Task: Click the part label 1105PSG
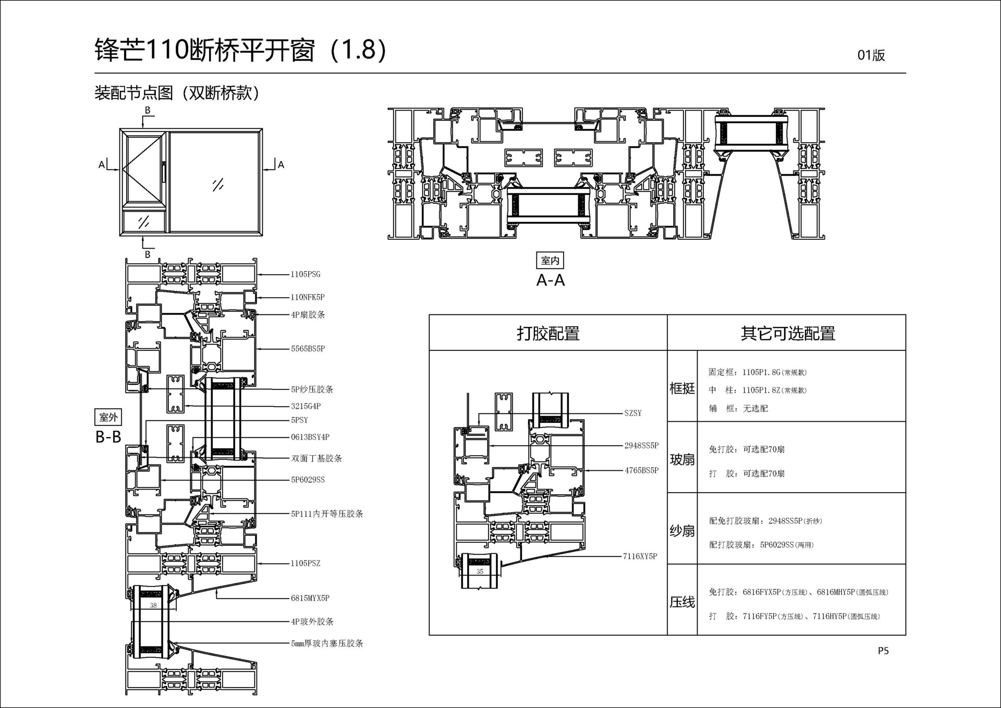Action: click(306, 274)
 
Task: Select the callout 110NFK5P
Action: click(308, 297)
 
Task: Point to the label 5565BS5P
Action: click(308, 349)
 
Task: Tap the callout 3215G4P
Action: click(306, 406)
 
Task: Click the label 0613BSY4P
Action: click(310, 437)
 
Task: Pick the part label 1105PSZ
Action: click(306, 564)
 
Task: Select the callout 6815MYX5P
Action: click(310, 599)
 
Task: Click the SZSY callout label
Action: click(633, 413)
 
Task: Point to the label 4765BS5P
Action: click(641, 470)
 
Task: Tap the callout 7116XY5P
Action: click(640, 556)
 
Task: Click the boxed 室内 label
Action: click(550, 260)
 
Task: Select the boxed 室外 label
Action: click(108, 417)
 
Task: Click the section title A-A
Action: click(551, 280)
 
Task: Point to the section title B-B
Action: click(108, 437)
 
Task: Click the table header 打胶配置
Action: click(548, 333)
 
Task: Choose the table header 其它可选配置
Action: click(787, 333)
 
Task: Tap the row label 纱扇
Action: click(682, 531)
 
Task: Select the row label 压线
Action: click(682, 602)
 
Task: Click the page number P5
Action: click(883, 651)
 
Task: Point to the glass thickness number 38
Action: click(153, 606)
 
